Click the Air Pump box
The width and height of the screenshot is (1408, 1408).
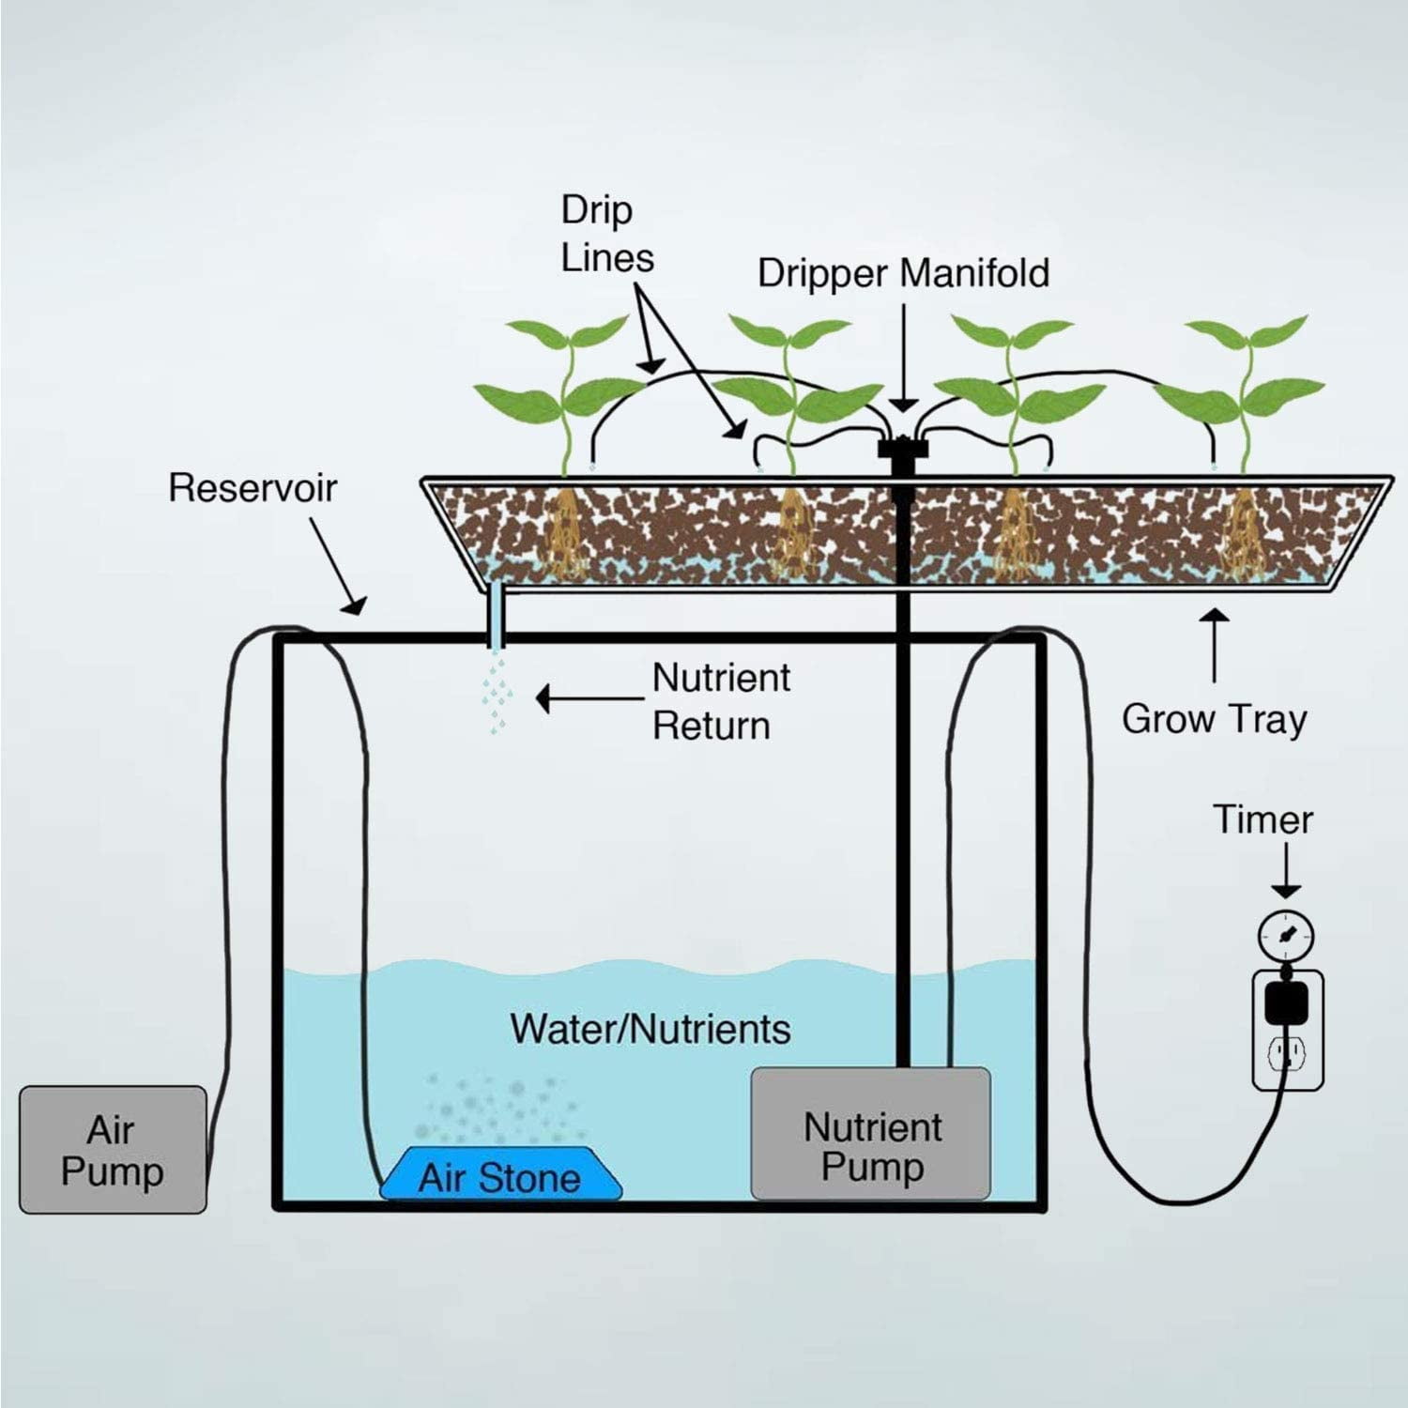click(113, 1150)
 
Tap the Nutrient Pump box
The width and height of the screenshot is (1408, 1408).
click(871, 1134)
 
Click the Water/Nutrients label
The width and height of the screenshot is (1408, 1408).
click(650, 1029)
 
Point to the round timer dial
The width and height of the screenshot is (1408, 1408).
click(1285, 935)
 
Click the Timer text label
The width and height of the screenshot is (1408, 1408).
click(1263, 819)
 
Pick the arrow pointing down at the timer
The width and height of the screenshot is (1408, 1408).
click(1286, 873)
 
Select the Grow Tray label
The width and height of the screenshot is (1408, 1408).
click(1214, 719)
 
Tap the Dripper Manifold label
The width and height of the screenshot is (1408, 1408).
click(903, 273)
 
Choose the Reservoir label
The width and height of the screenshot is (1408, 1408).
click(253, 488)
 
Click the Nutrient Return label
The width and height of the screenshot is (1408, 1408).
click(721, 701)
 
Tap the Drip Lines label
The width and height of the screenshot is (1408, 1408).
click(606, 234)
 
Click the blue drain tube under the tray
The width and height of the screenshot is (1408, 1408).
click(496, 616)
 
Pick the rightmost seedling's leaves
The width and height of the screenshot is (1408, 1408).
click(1244, 371)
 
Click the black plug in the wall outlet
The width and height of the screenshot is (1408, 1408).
click(1287, 1002)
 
